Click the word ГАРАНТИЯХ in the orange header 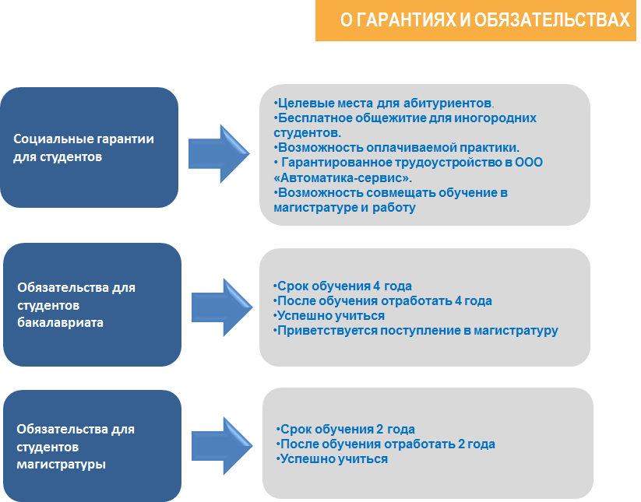[403, 21]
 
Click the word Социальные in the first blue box [52, 139]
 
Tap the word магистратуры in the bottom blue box [61, 465]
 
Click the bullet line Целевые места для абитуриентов [384, 103]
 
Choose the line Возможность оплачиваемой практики [397, 147]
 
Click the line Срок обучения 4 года [343, 286]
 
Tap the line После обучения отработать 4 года [382, 300]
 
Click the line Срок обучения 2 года [346, 429]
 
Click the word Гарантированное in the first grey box [332, 162]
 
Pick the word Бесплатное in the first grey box [311, 118]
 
